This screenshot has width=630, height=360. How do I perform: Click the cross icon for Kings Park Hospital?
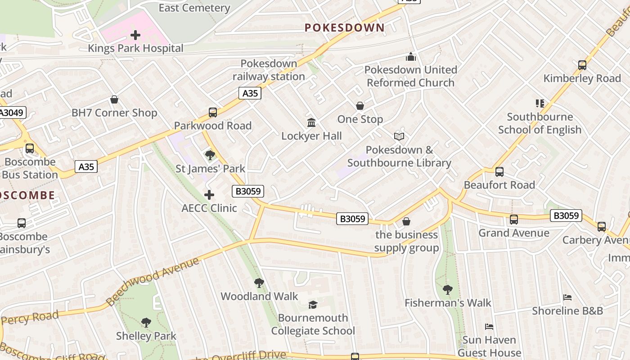135,35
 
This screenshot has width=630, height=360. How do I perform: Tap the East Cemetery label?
194,8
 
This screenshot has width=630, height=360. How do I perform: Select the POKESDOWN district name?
345,27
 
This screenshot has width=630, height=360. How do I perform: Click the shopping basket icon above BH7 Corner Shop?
114,99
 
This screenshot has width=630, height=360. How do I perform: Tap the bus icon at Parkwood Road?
213,112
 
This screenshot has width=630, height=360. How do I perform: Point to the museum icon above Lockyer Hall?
311,122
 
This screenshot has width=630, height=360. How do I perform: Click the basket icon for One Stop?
360,106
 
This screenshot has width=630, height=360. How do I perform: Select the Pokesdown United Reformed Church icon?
410,57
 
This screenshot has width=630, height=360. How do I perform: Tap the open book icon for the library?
399,136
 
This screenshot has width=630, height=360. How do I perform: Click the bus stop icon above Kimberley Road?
582,65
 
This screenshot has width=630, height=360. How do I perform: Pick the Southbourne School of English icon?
540,103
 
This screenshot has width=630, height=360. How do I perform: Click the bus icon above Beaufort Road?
499,172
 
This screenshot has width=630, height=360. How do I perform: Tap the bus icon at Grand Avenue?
514,220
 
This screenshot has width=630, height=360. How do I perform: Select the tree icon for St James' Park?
210,156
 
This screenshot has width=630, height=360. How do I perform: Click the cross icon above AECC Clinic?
209,195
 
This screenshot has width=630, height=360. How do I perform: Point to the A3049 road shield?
12,112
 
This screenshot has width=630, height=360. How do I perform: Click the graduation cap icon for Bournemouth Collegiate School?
313,305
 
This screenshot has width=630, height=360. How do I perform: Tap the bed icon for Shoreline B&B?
567,297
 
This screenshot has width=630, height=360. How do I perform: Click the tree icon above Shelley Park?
146,323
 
